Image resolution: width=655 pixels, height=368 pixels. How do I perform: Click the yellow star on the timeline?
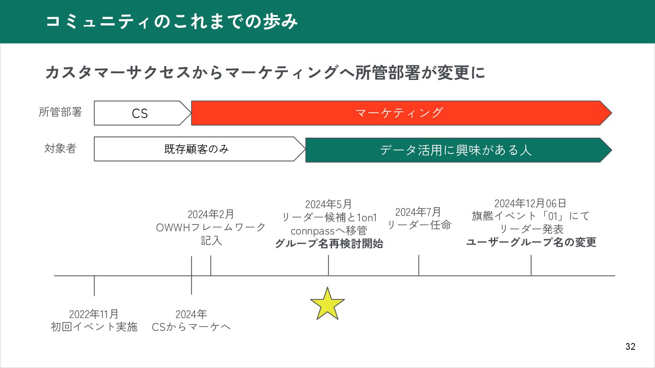tap(327, 303)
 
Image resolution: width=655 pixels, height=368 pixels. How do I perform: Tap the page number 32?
tap(630, 347)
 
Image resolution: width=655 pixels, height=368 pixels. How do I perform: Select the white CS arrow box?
tap(140, 113)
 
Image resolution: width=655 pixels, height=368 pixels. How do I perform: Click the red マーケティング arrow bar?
tap(399, 113)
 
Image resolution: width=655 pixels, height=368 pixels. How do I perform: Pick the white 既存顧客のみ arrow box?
tap(196, 149)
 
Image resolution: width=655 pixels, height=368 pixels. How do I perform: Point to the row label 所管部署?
tap(60, 112)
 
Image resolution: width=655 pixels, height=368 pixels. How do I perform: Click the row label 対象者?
tap(60, 149)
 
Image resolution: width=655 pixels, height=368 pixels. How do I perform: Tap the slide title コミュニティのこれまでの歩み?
tap(172, 22)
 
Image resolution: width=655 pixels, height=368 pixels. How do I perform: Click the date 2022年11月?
tap(94, 314)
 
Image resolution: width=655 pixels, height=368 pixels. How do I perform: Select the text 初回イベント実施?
tap(94, 327)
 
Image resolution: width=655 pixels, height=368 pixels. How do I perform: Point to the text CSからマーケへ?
tap(191, 327)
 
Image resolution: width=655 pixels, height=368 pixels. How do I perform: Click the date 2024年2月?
tap(211, 214)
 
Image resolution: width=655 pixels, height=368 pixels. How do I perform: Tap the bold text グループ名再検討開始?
tap(328, 244)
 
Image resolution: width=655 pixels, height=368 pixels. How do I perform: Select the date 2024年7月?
tap(418, 212)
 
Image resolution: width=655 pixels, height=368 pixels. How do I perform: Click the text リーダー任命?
tap(418, 224)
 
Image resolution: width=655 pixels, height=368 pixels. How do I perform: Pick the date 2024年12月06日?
tap(530, 203)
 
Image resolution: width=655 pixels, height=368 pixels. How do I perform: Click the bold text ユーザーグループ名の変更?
tap(531, 242)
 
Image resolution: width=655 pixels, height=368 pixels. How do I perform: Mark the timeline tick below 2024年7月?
tap(418, 265)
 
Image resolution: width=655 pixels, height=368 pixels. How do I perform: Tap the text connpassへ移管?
tap(328, 231)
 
